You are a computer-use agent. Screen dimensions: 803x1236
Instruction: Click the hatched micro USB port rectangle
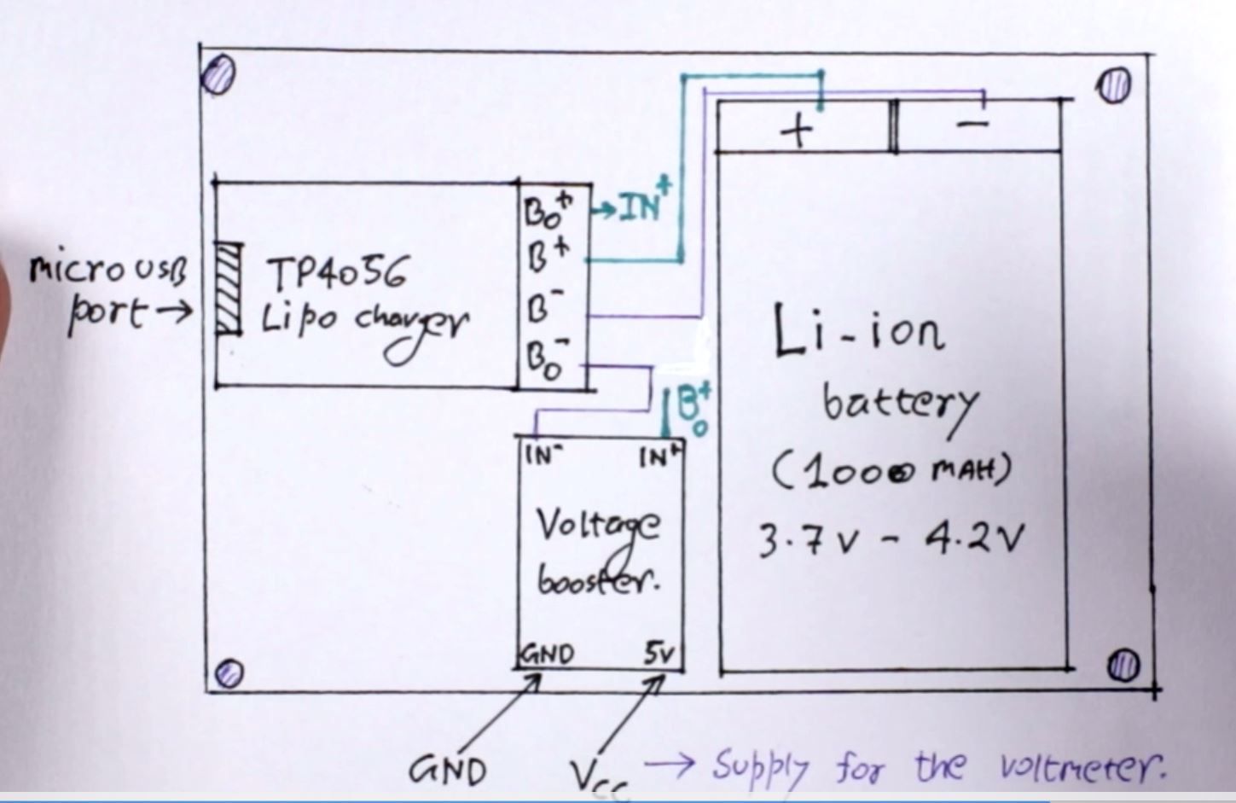(x=228, y=288)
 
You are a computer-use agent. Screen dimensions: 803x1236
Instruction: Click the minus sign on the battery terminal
(x=972, y=125)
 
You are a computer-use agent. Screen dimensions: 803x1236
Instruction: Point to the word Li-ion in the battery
(x=858, y=332)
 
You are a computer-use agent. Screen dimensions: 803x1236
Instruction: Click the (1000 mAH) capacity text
(x=891, y=472)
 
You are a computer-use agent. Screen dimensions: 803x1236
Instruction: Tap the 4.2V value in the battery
(x=972, y=538)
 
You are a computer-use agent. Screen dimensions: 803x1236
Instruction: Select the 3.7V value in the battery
(x=805, y=541)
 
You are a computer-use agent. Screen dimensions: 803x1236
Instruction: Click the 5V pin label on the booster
(x=659, y=655)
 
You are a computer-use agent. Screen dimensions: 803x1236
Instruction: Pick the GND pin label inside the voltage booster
(x=547, y=655)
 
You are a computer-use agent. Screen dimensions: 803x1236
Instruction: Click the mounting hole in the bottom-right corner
(x=1125, y=664)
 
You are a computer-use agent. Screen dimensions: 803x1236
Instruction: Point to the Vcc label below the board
(x=601, y=777)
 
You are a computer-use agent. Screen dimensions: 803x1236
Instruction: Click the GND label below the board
(x=448, y=771)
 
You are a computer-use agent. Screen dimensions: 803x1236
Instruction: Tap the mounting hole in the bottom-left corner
(x=229, y=673)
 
